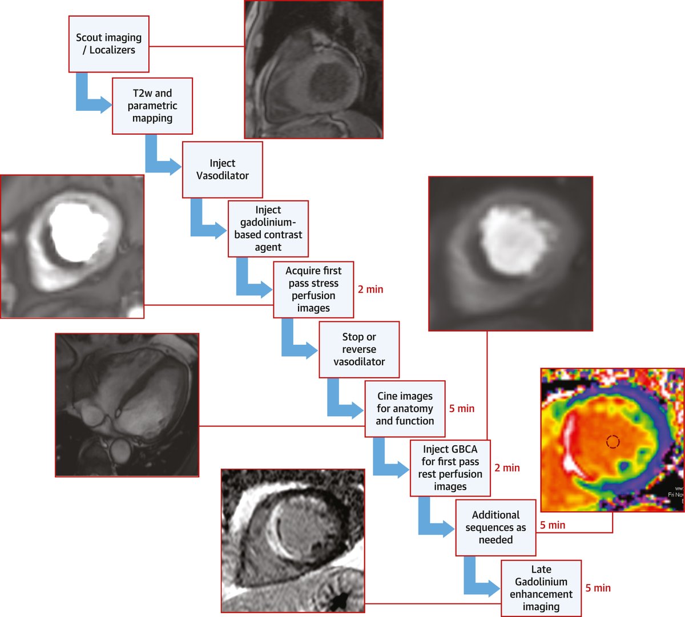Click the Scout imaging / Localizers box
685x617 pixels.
pyautogui.click(x=108, y=44)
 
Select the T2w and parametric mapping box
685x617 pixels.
pyautogui.click(x=152, y=106)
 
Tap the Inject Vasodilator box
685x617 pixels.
pyautogui.click(x=222, y=170)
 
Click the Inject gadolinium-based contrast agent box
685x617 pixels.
pyautogui.click(x=268, y=228)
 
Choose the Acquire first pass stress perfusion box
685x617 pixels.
pyautogui.click(x=313, y=289)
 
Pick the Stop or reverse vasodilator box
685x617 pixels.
pyautogui.click(x=358, y=349)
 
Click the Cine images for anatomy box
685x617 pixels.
pyautogui.click(x=405, y=409)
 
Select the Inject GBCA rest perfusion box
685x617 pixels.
pyautogui.click(x=450, y=468)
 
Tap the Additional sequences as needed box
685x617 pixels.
pyautogui.click(x=495, y=527)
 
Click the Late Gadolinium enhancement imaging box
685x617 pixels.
pyautogui.click(x=541, y=588)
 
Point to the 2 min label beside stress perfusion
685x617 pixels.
pyautogui.click(x=370, y=289)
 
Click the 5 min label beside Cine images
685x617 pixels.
pyautogui.click(x=462, y=409)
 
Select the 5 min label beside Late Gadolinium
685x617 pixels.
pyautogui.click(x=598, y=588)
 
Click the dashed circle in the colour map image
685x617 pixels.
pyautogui.click(x=613, y=441)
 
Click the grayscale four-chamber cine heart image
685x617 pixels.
pyautogui.click(x=127, y=405)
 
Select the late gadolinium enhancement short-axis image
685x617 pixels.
pyautogui.click(x=293, y=541)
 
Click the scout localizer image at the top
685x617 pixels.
pyautogui.click(x=313, y=69)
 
